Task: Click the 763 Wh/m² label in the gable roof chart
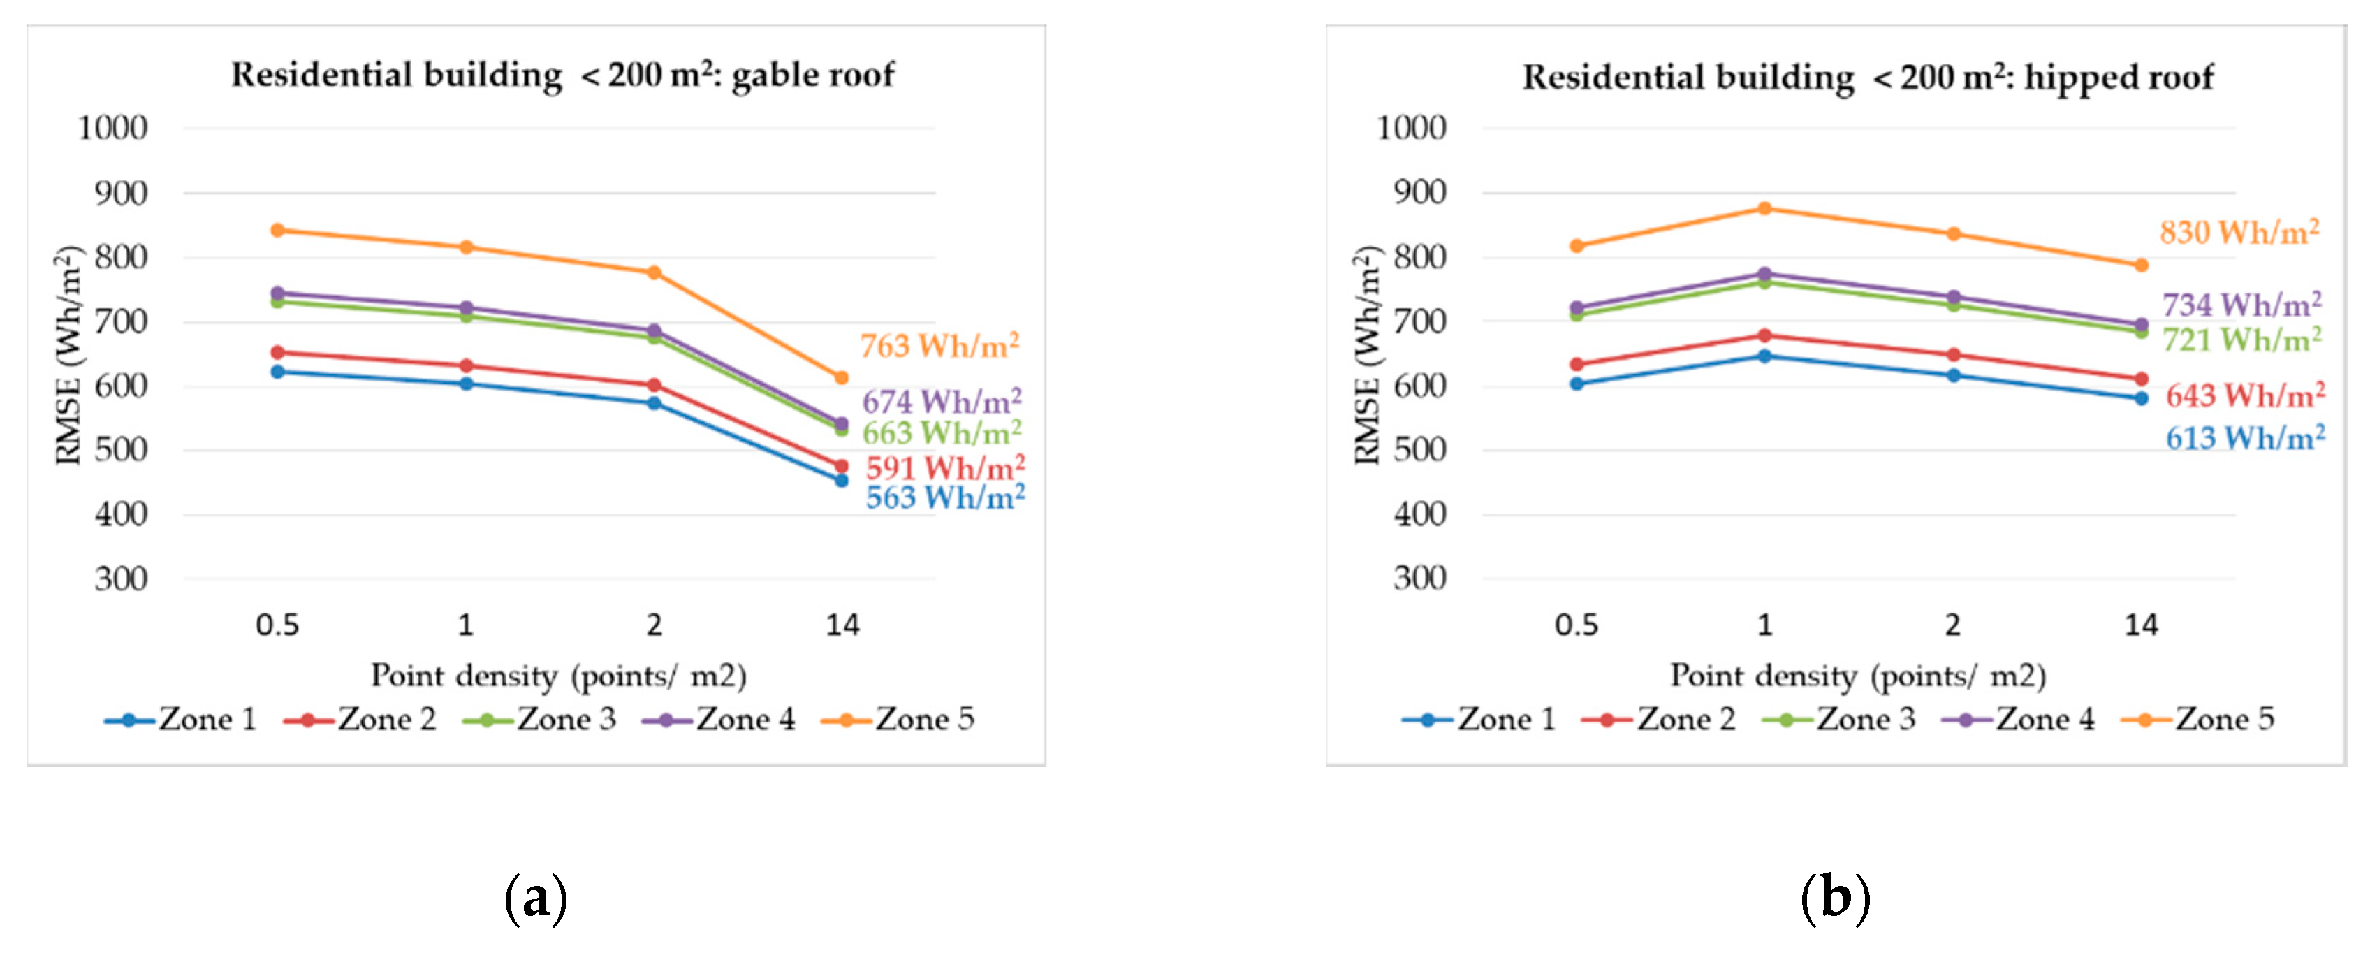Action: pos(939,347)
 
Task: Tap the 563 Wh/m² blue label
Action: pos(945,497)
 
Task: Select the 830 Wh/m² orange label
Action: pos(2239,232)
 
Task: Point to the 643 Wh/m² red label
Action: pos(2245,395)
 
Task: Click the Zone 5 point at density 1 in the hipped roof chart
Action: pos(1764,209)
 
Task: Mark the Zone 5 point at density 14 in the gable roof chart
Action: pos(841,378)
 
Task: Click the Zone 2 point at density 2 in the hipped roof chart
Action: pos(1953,355)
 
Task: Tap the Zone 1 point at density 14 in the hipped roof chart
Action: pos(2142,398)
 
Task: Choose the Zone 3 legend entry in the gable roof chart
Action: pos(541,720)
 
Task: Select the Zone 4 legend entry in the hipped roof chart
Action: pos(2019,720)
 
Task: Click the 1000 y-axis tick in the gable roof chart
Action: pos(112,128)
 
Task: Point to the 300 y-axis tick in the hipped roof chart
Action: pos(1419,579)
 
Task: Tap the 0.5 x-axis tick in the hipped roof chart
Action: pos(1576,625)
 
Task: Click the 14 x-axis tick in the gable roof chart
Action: pos(842,625)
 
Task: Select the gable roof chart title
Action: pos(562,75)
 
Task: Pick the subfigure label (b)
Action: pos(1834,897)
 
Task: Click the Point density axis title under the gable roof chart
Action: pos(559,676)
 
